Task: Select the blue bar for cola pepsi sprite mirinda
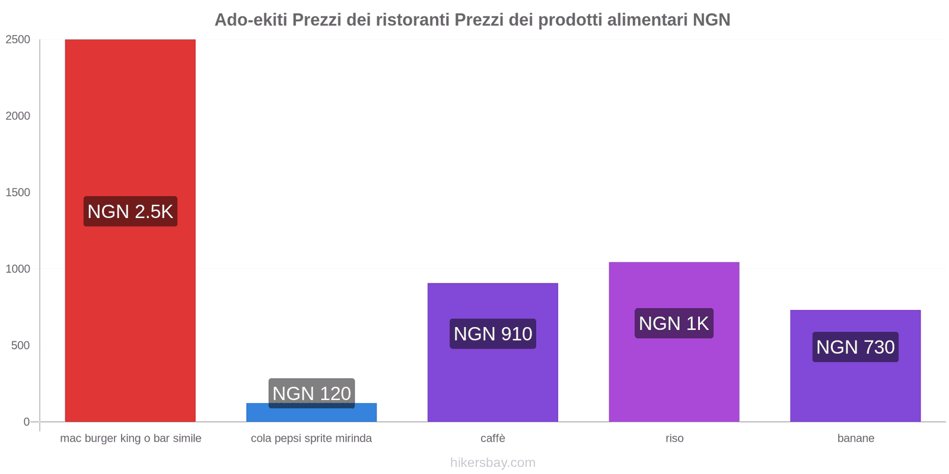(x=311, y=415)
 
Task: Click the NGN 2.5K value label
(x=130, y=212)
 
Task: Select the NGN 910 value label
(x=493, y=334)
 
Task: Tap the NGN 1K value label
(x=674, y=324)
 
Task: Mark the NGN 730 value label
(x=855, y=347)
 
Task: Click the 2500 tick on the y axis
(x=18, y=40)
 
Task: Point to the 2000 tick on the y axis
(x=18, y=116)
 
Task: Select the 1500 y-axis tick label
(x=18, y=193)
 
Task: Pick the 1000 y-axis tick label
(x=18, y=269)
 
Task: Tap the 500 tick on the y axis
(x=20, y=345)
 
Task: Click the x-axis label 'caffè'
(x=493, y=438)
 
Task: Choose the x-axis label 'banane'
(x=855, y=438)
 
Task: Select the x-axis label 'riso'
(x=674, y=438)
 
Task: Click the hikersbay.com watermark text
(x=493, y=463)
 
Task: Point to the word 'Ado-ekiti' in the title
(x=250, y=20)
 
